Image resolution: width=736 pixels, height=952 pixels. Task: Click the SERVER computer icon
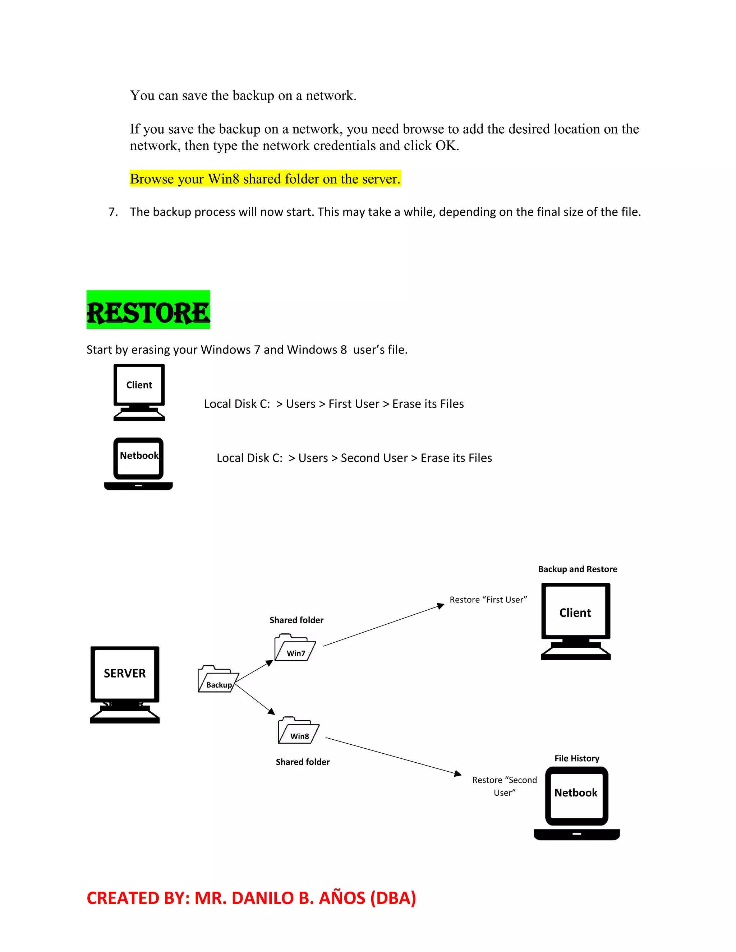click(x=125, y=684)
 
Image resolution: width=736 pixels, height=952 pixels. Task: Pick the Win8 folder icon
click(x=299, y=731)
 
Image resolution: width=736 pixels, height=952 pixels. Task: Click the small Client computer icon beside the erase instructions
click(x=139, y=392)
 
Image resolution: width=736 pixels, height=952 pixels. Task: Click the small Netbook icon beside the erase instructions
click(x=139, y=464)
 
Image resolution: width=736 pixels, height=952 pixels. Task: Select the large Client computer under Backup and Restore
click(x=576, y=621)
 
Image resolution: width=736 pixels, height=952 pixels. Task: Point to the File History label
click(x=577, y=758)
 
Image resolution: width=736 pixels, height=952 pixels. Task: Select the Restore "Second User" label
click(x=505, y=786)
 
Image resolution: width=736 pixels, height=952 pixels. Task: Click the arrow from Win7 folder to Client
click(x=384, y=626)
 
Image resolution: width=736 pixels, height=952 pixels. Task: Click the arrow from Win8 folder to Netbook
click(x=392, y=756)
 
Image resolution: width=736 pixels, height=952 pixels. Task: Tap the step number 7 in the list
click(x=112, y=212)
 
